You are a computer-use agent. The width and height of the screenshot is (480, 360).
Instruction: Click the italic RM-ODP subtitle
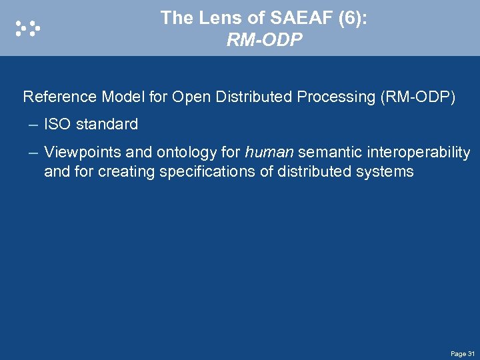coord(264,41)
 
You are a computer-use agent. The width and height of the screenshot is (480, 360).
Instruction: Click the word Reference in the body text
coord(60,97)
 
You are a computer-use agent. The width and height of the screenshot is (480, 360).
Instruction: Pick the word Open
coord(190,97)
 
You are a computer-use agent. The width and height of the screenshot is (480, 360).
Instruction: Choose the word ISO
coord(57,125)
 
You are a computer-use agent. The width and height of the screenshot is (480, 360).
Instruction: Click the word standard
coord(107,125)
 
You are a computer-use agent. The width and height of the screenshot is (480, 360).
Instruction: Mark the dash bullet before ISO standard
coord(33,125)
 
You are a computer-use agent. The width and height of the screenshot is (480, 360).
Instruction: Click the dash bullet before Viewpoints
coord(33,153)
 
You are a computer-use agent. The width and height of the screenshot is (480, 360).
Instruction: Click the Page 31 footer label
coord(462,353)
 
